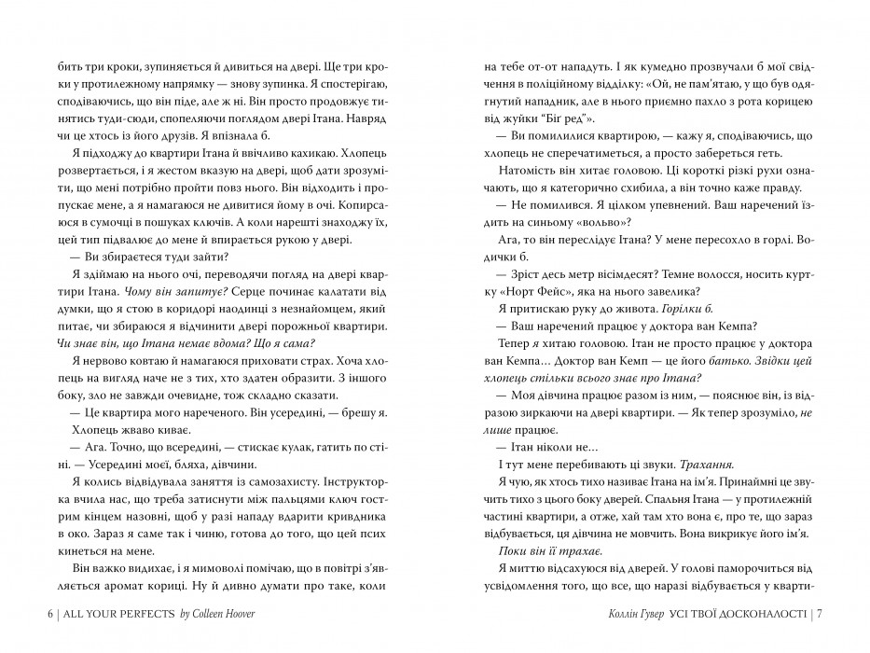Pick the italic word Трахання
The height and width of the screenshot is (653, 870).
pos(701,463)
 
